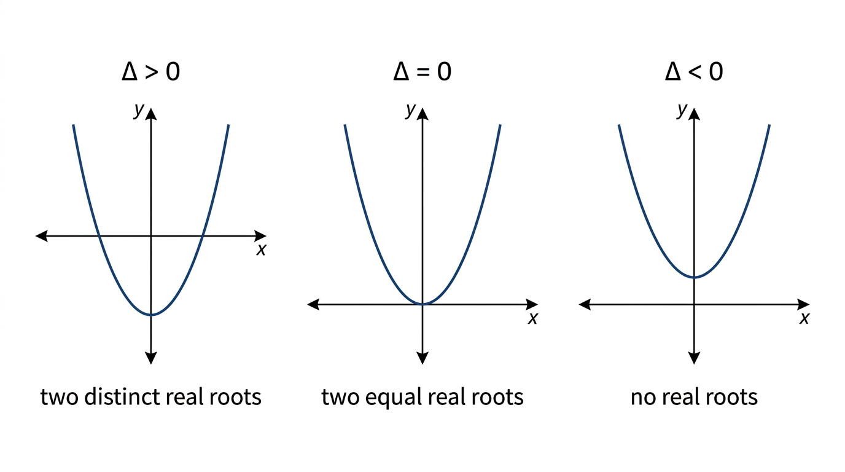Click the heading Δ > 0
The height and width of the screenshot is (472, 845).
click(151, 71)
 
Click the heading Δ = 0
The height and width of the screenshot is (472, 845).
click(422, 71)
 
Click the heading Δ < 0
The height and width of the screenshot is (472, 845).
click(694, 71)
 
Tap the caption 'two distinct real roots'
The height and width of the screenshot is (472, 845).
click(151, 397)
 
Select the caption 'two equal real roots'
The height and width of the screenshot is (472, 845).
click(422, 398)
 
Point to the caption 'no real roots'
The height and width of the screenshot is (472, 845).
click(694, 398)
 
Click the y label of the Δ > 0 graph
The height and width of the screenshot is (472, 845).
click(139, 110)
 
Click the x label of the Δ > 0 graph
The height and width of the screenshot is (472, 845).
click(261, 250)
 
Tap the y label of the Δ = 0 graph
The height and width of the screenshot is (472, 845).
click(411, 110)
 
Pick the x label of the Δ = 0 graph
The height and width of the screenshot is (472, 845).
click(532, 318)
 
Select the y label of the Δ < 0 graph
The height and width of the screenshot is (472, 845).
click(682, 110)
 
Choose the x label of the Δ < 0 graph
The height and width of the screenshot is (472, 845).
click(804, 318)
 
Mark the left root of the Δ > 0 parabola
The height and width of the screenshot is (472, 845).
click(98, 236)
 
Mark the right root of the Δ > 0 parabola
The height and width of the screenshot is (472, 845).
click(203, 236)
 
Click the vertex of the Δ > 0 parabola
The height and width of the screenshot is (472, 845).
click(151, 315)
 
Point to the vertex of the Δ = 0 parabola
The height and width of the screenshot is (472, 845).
click(422, 304)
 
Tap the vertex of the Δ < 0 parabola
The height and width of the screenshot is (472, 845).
click(694, 278)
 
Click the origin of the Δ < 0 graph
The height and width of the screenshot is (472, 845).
click(694, 304)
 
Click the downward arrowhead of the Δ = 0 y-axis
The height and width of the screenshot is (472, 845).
click(422, 358)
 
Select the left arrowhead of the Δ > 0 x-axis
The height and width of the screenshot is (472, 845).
click(41, 236)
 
